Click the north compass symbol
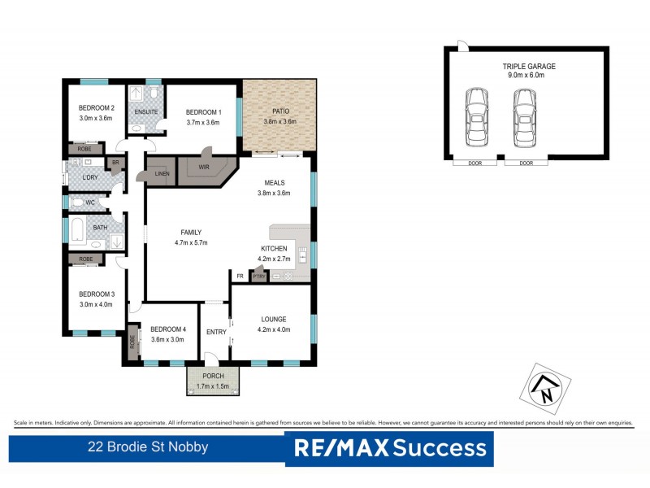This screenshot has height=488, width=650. [x=544, y=386]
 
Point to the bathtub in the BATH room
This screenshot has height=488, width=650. [x=77, y=231]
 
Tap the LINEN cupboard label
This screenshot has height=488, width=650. [x=162, y=173]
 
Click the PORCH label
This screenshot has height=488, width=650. [x=212, y=376]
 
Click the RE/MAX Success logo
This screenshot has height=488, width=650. [x=389, y=447]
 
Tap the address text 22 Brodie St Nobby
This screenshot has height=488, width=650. [x=148, y=447]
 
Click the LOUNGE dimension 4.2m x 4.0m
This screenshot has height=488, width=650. [x=273, y=329]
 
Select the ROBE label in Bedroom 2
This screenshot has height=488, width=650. [x=84, y=149]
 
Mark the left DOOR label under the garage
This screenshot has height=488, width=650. [x=475, y=163]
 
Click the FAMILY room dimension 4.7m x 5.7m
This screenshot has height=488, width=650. [x=192, y=242]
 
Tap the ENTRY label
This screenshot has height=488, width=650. [x=216, y=331]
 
